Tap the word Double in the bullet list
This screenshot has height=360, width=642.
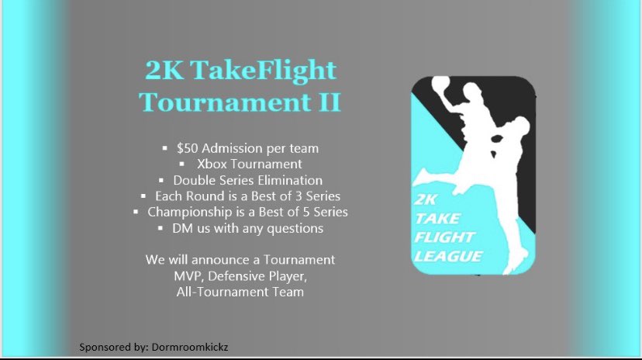[193, 180]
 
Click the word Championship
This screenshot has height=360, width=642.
[183, 212]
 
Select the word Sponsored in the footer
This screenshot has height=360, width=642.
[105, 347]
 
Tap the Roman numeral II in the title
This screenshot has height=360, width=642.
[329, 102]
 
